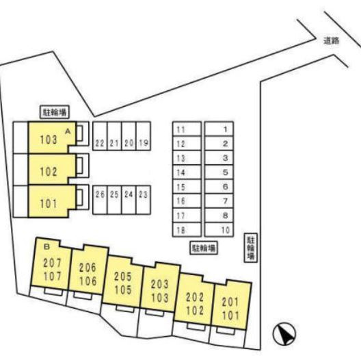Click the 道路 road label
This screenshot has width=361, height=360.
[x=332, y=41]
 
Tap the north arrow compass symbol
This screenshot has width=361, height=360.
[x=284, y=334]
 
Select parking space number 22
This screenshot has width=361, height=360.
[x=100, y=136]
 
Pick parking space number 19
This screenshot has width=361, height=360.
[x=144, y=136]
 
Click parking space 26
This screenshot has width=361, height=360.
[x=100, y=200]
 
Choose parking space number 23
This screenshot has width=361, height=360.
[x=144, y=200]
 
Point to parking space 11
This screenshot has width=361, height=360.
[x=187, y=129]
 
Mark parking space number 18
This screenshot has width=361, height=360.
[x=187, y=230]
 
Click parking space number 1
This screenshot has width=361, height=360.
[x=219, y=129]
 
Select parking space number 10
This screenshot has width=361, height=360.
[x=219, y=230]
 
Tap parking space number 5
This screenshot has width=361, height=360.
[x=219, y=172]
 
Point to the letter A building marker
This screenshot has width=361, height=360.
[x=68, y=131]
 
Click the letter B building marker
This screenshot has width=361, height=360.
[x=46, y=247]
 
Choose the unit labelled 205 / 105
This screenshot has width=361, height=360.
[x=122, y=283]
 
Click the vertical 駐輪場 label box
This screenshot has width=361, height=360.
[x=251, y=248]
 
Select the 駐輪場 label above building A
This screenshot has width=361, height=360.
[x=55, y=112]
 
